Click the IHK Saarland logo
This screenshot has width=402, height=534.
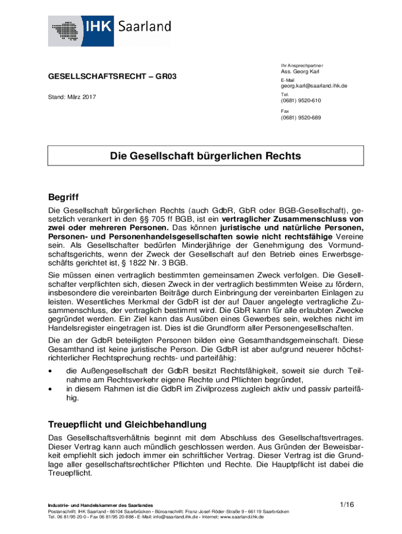[x=110, y=31]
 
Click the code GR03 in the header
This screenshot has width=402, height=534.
[x=165, y=77]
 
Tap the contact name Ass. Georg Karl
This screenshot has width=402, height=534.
[x=300, y=71]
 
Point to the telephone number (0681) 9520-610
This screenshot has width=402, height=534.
[x=301, y=101]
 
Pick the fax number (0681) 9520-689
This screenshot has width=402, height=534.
[x=301, y=118]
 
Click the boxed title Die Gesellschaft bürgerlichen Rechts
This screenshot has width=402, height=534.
[x=205, y=156]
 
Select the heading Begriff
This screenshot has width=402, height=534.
[x=63, y=198]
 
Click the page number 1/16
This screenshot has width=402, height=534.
[x=347, y=504]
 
